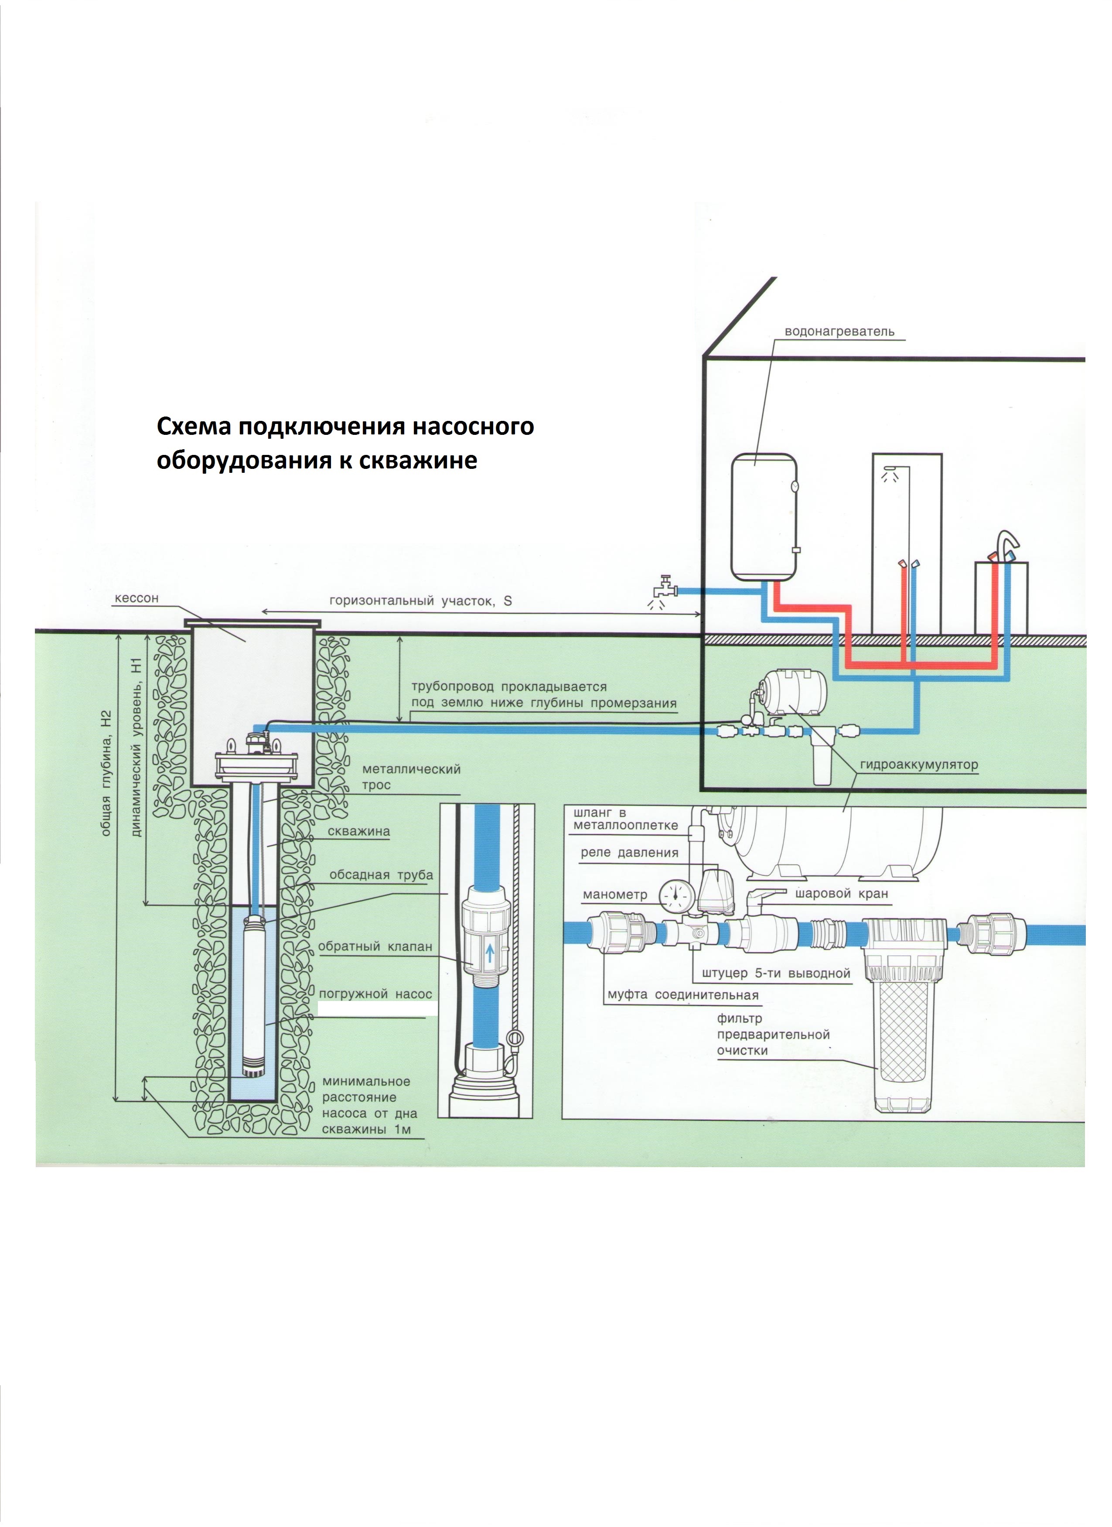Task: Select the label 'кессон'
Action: (x=136, y=598)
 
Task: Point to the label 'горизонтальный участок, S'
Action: (x=420, y=601)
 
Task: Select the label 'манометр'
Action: (x=614, y=895)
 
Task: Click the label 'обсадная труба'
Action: (x=381, y=875)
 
